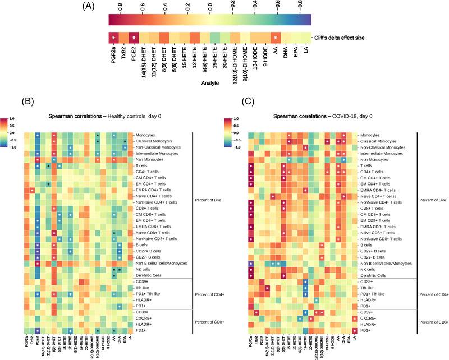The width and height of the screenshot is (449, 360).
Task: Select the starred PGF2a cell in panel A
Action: click(x=113, y=38)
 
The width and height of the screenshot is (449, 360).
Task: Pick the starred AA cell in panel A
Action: click(x=276, y=38)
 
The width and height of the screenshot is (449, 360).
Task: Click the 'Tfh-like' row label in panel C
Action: click(x=368, y=288)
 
